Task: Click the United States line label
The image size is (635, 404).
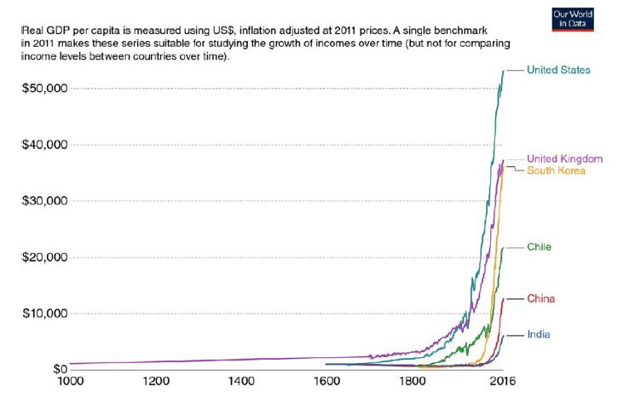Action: [x=558, y=70]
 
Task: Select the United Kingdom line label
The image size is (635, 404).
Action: [x=564, y=159]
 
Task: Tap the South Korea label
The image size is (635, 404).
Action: [x=556, y=170]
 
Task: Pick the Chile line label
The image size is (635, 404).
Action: [x=540, y=247]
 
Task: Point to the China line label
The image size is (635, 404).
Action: [x=540, y=298]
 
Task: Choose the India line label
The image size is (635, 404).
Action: [x=539, y=334]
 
